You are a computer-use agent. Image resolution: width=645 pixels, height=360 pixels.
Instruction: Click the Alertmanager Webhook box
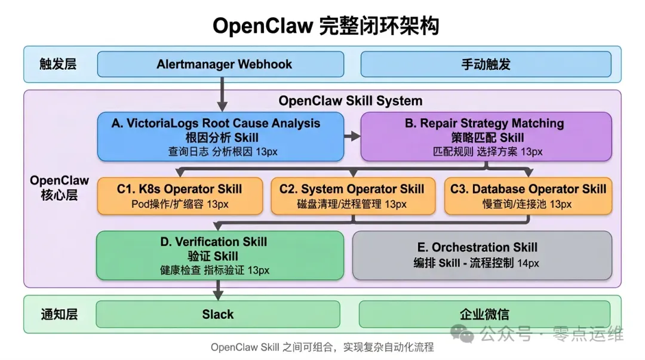coord(220,64)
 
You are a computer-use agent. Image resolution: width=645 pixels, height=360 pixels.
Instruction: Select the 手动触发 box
coord(486,64)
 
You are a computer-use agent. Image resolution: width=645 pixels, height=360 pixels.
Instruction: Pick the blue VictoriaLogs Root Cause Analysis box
coord(220,137)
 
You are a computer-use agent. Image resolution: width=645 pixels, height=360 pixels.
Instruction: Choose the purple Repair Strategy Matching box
coord(486,137)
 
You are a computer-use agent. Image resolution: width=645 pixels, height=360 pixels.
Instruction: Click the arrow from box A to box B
coord(352,137)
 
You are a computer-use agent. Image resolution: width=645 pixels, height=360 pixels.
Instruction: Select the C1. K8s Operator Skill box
coord(180,196)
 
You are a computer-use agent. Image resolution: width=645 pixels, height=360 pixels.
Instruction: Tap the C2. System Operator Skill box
coord(352,196)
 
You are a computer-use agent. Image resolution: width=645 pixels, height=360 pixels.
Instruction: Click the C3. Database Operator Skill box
coord(528,196)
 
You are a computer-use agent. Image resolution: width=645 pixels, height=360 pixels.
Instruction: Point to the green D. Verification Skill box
coord(220,256)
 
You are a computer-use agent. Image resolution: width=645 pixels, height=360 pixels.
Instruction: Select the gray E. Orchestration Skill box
coord(482,256)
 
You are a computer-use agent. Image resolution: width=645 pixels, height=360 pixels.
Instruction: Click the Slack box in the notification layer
coord(218,314)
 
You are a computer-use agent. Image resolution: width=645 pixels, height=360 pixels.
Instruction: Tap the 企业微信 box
coord(484,314)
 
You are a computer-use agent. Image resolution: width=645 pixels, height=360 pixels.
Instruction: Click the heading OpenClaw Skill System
coord(351,101)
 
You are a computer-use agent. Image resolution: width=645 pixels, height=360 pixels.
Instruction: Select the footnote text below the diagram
coord(322,347)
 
